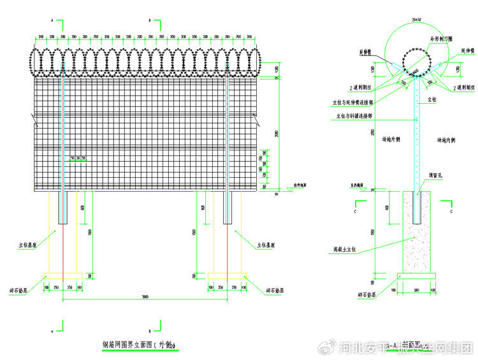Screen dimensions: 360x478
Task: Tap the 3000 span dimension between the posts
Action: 146,298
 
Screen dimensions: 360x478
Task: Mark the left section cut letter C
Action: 355,209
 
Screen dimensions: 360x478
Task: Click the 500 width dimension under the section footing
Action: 416,290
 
